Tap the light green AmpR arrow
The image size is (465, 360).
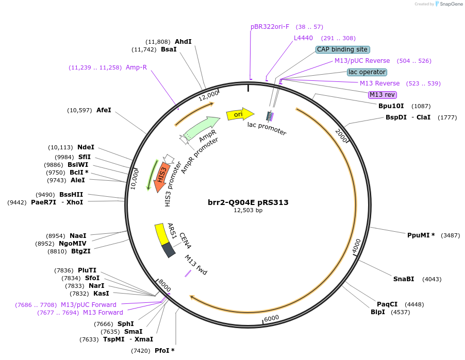coord(201,128)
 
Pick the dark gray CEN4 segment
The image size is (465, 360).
coord(169,250)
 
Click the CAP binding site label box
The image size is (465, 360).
coord(342,49)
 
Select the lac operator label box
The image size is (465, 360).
coord(367,72)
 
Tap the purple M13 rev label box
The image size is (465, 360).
coord(382,94)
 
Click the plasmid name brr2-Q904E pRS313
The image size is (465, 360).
coord(248,202)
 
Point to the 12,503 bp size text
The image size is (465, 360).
coord(248,211)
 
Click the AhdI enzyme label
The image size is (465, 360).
coord(183,42)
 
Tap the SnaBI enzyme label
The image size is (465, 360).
coord(404,279)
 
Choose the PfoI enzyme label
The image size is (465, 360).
coord(164,351)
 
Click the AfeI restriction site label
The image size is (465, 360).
coord(104,110)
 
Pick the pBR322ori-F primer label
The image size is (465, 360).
coord(270,26)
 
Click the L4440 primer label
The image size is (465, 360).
coord(303,38)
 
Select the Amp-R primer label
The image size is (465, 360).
coord(136,67)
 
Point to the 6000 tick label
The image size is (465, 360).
coord(272,318)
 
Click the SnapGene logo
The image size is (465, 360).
coord(447,4)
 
